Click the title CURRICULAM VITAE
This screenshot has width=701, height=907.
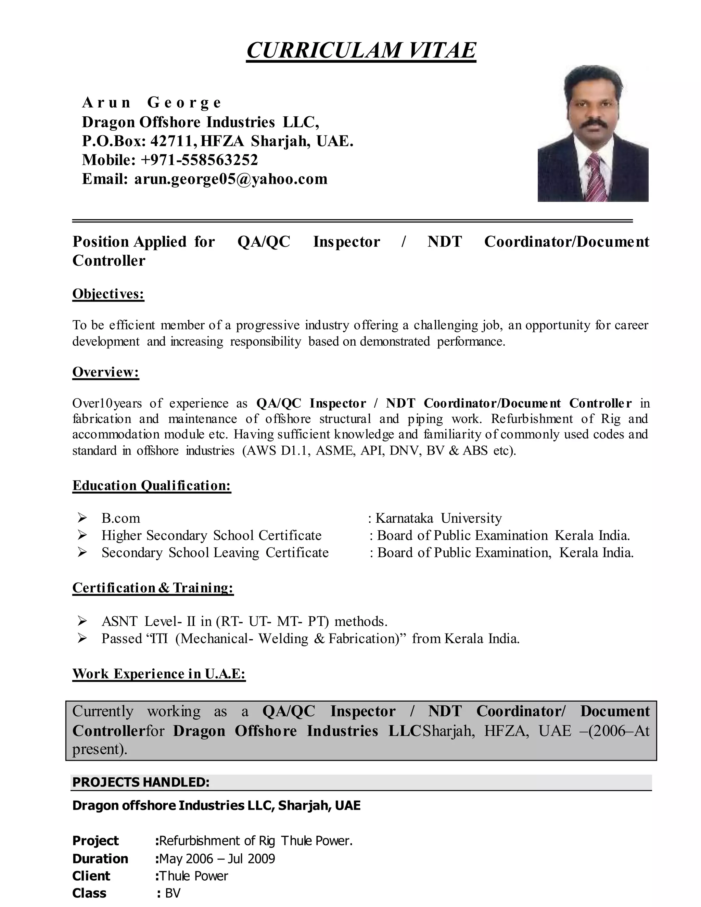tap(361, 50)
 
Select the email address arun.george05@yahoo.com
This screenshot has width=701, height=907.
tap(231, 179)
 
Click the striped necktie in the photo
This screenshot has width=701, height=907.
tap(596, 179)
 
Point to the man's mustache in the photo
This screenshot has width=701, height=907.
tap(594, 125)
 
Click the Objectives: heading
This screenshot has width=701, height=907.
tap(109, 294)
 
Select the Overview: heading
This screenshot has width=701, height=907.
tap(105, 372)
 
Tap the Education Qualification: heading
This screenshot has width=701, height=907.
tap(152, 485)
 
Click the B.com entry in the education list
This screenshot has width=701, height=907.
tap(121, 518)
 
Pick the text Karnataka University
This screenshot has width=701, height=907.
tap(438, 518)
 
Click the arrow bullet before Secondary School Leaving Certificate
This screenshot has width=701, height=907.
tap(82, 552)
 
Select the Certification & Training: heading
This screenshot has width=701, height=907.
tap(153, 588)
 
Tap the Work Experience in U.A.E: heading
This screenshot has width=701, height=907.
tap(159, 674)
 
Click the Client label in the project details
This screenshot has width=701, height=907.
tap(91, 876)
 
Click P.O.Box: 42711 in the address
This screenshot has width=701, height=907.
tap(138, 141)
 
